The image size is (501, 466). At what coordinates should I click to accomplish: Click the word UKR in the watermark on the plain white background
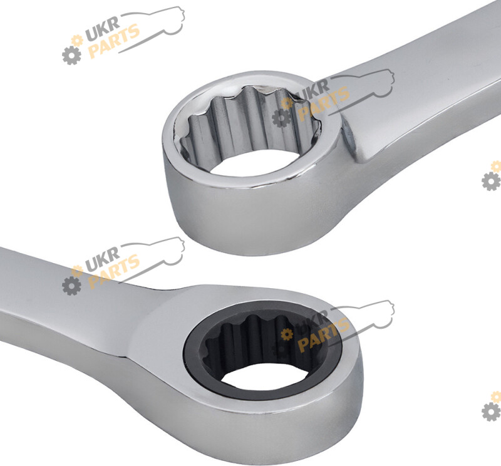pos(103,29)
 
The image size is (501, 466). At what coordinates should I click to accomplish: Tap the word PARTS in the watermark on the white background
pos(114,41)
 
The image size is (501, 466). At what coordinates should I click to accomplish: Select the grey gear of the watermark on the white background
pos(71,55)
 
